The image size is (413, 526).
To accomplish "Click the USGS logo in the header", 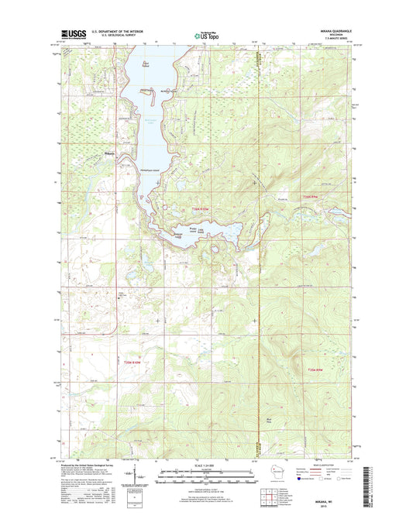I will [x=71, y=34].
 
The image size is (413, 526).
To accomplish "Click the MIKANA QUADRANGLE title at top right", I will [x=339, y=31].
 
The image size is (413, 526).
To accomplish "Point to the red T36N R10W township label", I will [x=201, y=209].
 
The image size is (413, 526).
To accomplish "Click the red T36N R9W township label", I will [x=310, y=197].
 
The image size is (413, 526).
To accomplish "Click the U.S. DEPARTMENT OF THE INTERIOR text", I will [x=116, y=31].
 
